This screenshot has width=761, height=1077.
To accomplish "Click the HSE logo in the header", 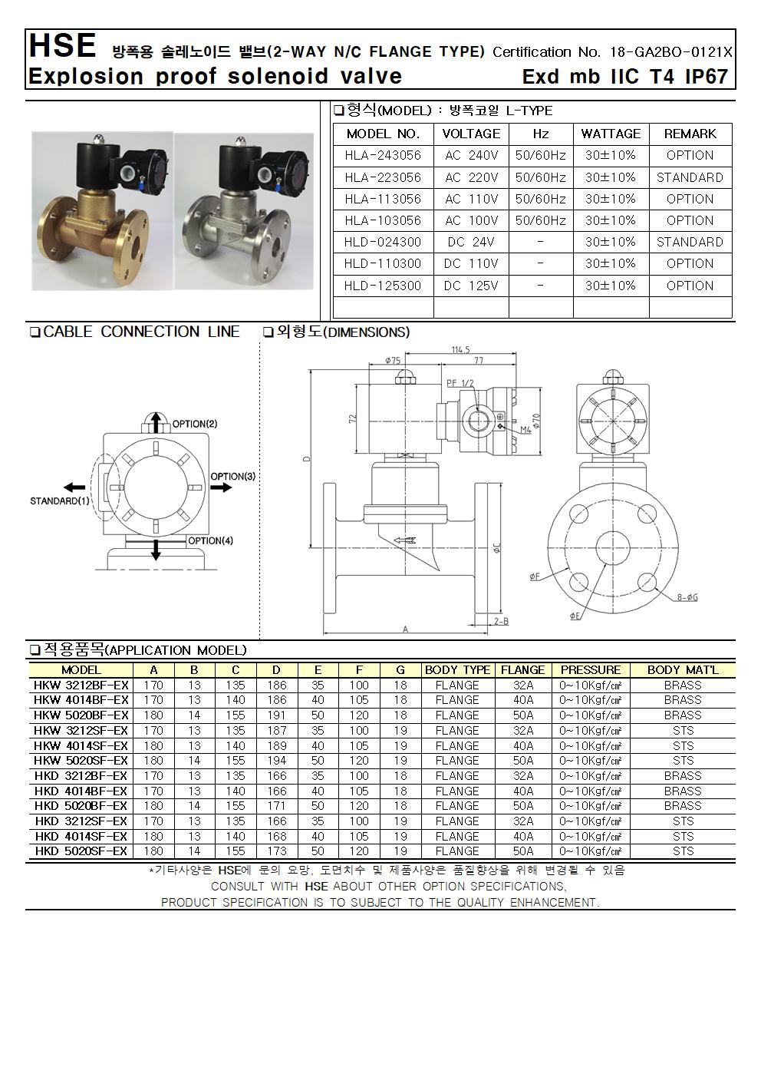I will click(x=61, y=46).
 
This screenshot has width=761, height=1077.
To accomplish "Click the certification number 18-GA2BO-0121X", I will click(x=670, y=52).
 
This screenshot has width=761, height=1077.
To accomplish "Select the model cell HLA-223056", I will click(x=383, y=177).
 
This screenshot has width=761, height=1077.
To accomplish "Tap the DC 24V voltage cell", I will click(x=471, y=242).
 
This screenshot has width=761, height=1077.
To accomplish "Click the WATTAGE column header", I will click(x=611, y=134).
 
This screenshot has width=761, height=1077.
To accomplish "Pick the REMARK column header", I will click(x=690, y=134).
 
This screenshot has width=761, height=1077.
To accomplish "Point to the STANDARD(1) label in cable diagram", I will click(x=60, y=501).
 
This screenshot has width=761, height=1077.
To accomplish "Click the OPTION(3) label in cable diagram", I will click(x=232, y=477).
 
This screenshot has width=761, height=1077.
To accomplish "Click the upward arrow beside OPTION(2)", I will click(x=155, y=422).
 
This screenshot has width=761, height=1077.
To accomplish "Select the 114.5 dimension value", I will click(x=460, y=350).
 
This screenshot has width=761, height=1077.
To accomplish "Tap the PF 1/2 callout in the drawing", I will click(x=460, y=382).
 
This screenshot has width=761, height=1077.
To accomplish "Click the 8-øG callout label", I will click(x=688, y=597).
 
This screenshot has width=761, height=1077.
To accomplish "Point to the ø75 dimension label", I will click(x=394, y=359).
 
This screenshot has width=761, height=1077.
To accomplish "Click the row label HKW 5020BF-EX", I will click(x=81, y=715).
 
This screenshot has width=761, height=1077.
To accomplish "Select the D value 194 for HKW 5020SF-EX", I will click(x=277, y=761).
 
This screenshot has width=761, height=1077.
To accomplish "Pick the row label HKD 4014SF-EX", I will click(x=81, y=836).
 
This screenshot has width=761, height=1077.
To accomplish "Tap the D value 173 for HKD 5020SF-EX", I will click(x=277, y=851).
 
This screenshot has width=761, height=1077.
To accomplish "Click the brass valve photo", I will click(x=101, y=211).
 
